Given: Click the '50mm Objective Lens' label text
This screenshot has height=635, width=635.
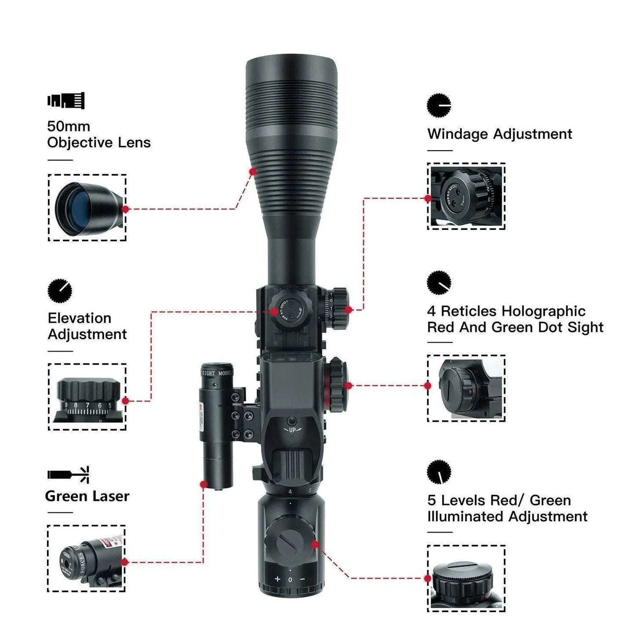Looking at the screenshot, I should [x=98, y=134].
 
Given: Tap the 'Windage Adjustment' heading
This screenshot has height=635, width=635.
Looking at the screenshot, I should [x=499, y=134].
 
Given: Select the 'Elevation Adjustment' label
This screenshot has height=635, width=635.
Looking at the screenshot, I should [x=87, y=326].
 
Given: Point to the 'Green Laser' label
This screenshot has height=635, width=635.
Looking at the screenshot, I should [x=87, y=496].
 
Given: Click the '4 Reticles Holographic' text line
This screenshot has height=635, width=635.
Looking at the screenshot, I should [x=506, y=311].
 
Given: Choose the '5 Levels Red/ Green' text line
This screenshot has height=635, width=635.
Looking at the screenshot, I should [x=499, y=500].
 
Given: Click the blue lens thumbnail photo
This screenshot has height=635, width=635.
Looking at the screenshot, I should [x=87, y=207].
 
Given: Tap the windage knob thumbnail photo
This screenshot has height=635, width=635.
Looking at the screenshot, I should [x=466, y=196].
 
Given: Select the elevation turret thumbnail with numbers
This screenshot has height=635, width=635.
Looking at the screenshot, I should [x=87, y=397].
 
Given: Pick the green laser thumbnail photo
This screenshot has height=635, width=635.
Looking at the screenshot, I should [x=86, y=558].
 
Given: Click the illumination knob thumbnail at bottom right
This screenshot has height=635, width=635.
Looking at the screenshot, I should [x=466, y=578].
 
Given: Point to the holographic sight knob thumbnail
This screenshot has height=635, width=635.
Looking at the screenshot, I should [x=466, y=388].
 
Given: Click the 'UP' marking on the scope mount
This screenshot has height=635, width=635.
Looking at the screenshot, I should [x=292, y=430].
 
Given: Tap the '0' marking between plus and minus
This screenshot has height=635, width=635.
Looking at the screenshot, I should [x=290, y=580].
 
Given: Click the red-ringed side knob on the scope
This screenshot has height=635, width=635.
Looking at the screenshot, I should [x=337, y=385].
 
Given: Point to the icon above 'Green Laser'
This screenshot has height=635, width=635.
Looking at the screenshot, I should [x=69, y=475].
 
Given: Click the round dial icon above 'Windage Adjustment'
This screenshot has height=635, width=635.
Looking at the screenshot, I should [x=439, y=105].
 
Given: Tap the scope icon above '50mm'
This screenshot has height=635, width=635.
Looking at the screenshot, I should [x=66, y=101].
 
